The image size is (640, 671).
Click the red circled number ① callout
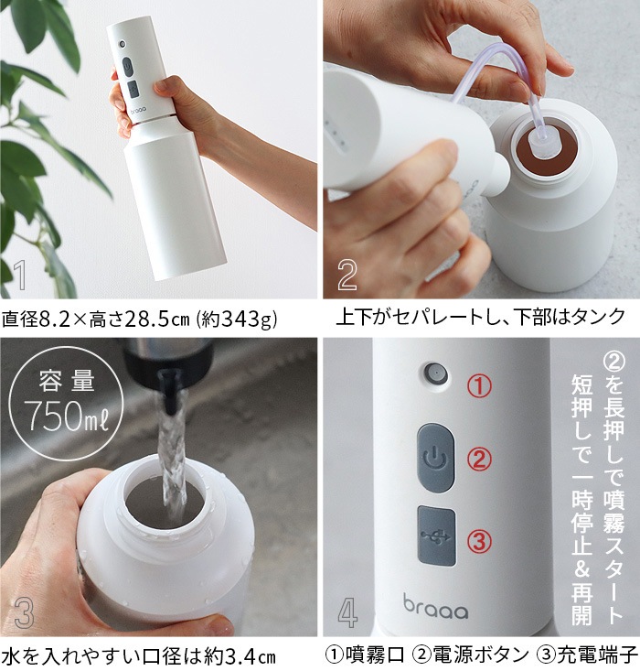(x=479, y=386)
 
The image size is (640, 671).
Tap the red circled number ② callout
(x=479, y=460)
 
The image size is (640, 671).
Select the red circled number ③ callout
(x=480, y=541)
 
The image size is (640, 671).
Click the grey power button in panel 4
(x=435, y=458)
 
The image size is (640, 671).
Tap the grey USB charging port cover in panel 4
(x=436, y=536)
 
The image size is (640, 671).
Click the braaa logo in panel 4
(x=435, y=606)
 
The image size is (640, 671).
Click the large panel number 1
(x=20, y=275)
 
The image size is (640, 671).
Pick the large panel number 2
(x=347, y=275)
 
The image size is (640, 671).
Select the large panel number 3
(x=24, y=612)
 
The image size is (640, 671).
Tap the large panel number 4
(x=347, y=612)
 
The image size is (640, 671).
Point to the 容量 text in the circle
(x=67, y=381)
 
